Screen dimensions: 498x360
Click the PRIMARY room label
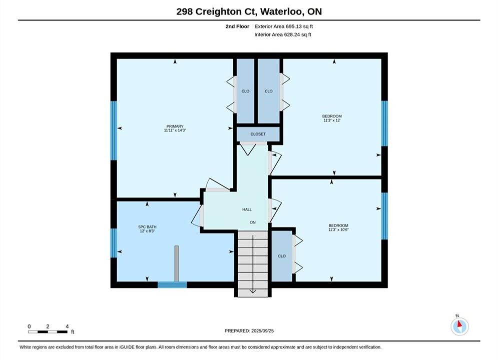(x=175, y=126)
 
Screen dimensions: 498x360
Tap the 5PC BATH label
(x=147, y=227)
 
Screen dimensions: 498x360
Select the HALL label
(x=247, y=209)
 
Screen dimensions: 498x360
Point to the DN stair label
(x=253, y=222)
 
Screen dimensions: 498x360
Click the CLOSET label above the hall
(x=258, y=134)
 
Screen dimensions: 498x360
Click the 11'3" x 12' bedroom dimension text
(x=332, y=120)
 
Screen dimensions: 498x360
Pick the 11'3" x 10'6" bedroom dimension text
(x=338, y=229)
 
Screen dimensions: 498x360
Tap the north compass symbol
(x=459, y=326)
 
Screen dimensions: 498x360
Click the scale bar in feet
(x=48, y=332)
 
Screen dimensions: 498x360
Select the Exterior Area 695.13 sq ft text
(x=284, y=26)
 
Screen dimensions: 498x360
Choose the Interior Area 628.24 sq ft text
(x=283, y=34)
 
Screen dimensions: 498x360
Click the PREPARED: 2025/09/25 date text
(x=249, y=331)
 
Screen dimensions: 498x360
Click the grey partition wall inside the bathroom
(x=177, y=263)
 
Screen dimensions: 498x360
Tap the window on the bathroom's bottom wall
(x=172, y=284)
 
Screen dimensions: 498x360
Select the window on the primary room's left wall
(x=114, y=130)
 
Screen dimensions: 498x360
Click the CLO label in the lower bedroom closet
(x=282, y=256)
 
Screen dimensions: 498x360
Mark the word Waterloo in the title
(x=281, y=11)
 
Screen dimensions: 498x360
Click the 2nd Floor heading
(x=237, y=26)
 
